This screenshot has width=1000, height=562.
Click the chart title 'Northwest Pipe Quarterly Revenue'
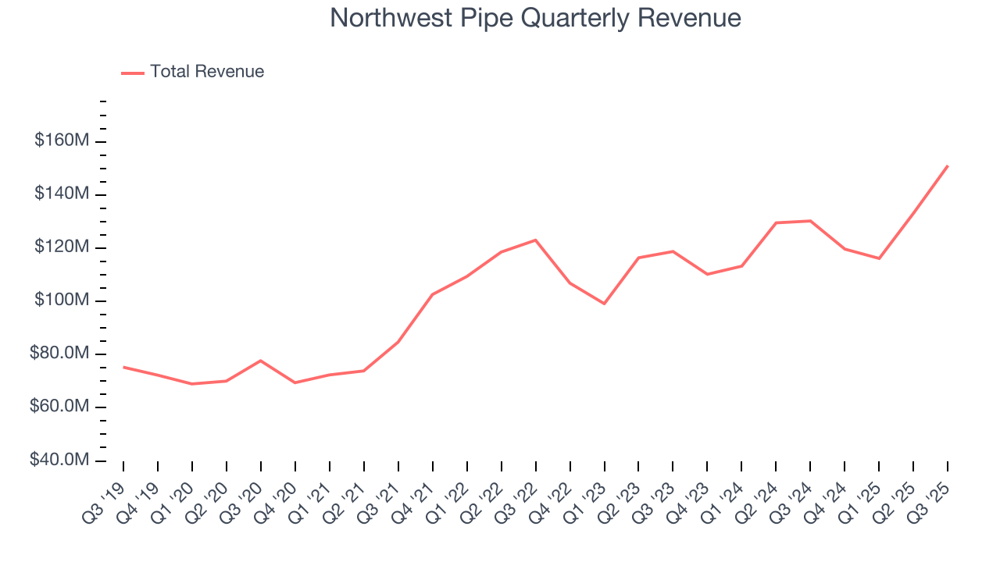[535, 18]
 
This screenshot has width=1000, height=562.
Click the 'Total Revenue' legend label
[207, 72]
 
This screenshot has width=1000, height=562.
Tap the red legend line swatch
[133, 73]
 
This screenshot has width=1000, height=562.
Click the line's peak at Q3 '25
[948, 165]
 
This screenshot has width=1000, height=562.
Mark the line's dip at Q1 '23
[604, 304]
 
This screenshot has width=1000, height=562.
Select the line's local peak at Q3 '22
[535, 240]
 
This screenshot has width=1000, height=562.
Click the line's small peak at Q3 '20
[260, 361]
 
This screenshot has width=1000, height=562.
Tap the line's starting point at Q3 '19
[123, 367]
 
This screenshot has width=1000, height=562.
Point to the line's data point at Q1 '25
[879, 258]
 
